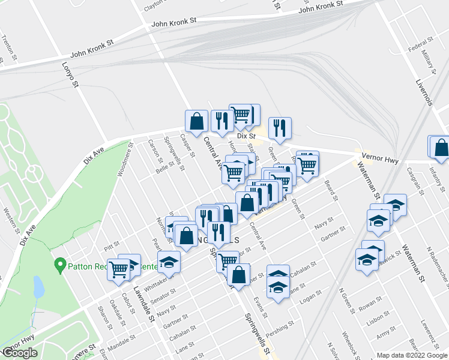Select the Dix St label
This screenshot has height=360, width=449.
click(243, 136)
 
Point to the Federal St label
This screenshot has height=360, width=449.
click(420, 45)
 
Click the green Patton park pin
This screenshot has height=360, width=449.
click(59, 264)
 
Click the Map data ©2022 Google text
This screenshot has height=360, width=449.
click(412, 355)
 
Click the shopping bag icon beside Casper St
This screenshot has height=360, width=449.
click(196, 121)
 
